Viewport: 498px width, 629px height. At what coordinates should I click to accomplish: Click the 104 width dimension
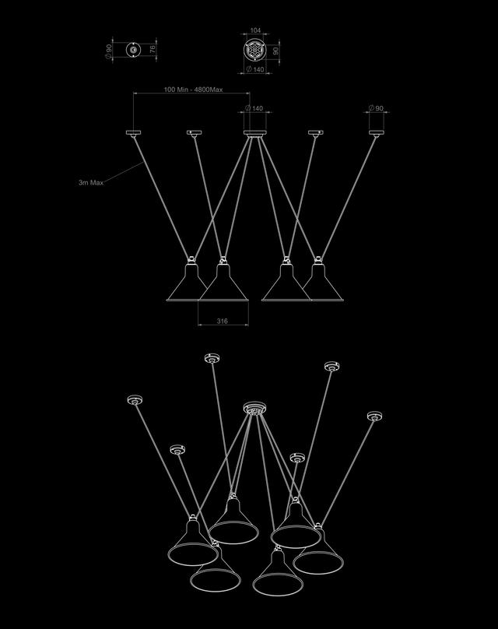click(x=255, y=30)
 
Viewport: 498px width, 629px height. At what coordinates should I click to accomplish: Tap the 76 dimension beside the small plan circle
click(x=153, y=49)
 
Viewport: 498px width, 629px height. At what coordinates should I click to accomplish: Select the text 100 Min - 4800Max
click(x=193, y=90)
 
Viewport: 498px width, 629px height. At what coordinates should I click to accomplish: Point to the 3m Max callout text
click(x=91, y=182)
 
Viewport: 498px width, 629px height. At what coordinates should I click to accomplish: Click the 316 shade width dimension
click(x=223, y=319)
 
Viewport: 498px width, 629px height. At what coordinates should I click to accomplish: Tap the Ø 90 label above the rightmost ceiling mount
click(x=377, y=107)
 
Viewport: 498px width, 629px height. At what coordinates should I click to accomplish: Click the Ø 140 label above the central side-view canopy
click(x=254, y=108)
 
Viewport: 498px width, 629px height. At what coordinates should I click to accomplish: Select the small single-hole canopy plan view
click(x=134, y=50)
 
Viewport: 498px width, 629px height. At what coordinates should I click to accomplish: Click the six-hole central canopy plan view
click(x=254, y=50)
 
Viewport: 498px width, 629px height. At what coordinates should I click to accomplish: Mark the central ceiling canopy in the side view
click(x=254, y=133)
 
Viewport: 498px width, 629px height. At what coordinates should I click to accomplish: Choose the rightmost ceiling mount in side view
click(x=377, y=133)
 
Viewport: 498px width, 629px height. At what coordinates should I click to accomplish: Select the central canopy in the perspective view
click(x=254, y=407)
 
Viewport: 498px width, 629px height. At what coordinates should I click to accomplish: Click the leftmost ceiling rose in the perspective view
click(x=134, y=401)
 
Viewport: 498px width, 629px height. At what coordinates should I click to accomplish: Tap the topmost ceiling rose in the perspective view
click(x=211, y=358)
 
